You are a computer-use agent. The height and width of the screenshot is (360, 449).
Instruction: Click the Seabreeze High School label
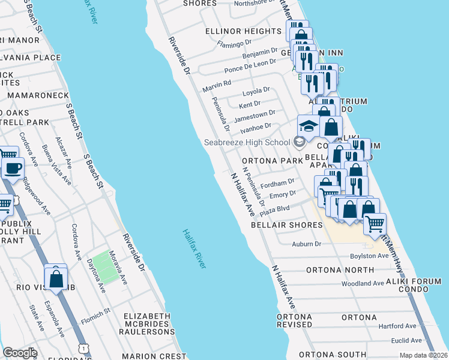point(247,142)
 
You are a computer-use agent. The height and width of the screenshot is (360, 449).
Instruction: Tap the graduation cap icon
point(308,126)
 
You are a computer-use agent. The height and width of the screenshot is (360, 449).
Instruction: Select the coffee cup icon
point(13,169)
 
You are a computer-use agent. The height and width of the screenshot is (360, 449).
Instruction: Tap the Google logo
point(20,353)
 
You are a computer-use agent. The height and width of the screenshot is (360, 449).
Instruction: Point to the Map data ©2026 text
point(423,355)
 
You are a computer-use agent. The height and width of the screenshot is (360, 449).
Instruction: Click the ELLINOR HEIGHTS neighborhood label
point(243,31)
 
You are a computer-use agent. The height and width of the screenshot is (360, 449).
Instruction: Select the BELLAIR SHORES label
point(278,225)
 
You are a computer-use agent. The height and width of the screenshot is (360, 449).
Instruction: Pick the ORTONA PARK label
point(272,161)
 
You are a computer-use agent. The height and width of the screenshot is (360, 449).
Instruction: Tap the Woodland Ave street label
point(362,283)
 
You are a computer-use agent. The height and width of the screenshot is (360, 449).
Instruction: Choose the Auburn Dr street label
point(307,244)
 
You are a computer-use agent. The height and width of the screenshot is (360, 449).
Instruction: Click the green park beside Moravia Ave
point(102,266)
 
